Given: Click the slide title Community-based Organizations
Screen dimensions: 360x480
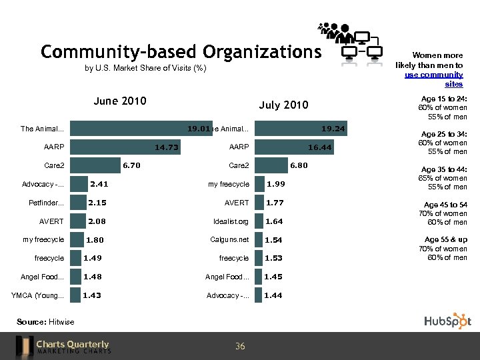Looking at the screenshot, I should [x=181, y=52].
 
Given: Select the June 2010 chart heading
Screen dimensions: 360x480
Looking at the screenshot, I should [x=120, y=101].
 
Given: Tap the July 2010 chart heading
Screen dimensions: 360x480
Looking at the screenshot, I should [x=283, y=105].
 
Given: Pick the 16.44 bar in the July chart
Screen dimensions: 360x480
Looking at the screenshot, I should [x=294, y=147].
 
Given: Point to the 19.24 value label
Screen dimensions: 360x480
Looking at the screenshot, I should [x=333, y=129].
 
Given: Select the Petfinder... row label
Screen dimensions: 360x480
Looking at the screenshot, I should [x=47, y=203].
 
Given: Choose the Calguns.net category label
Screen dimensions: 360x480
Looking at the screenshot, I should [x=230, y=239].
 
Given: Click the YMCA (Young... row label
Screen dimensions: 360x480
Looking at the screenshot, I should [x=38, y=295].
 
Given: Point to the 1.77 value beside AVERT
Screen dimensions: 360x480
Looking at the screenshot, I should [x=275, y=203].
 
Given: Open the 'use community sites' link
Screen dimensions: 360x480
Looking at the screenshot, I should [x=434, y=79].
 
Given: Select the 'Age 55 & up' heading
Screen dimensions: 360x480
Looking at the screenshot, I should [x=446, y=239].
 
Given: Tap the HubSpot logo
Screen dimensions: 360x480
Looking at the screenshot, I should [x=447, y=321].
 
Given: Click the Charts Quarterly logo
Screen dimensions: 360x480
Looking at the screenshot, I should [x=64, y=346].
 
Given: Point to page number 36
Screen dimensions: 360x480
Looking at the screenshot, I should [x=240, y=346].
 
